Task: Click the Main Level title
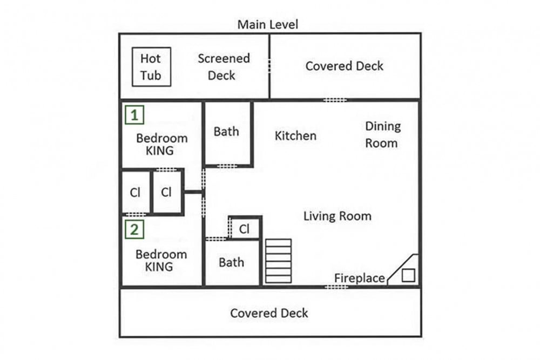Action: [268, 24]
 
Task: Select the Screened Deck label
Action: [224, 67]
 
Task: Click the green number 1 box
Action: [134, 114]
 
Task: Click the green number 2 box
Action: [134, 229]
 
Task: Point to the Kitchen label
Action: [295, 135]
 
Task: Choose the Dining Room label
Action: [383, 134]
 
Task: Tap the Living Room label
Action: [337, 216]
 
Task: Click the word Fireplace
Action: [360, 278]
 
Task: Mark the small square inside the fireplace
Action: [408, 275]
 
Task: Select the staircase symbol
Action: [278, 261]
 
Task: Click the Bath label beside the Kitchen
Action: [226, 132]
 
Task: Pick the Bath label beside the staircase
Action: [232, 263]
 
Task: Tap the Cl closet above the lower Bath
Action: [244, 229]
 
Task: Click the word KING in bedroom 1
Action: [159, 151]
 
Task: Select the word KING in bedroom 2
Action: [159, 267]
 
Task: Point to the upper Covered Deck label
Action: [345, 66]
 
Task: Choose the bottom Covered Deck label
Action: [269, 313]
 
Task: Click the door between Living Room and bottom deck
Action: [336, 287]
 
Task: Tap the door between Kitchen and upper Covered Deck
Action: [335, 100]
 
